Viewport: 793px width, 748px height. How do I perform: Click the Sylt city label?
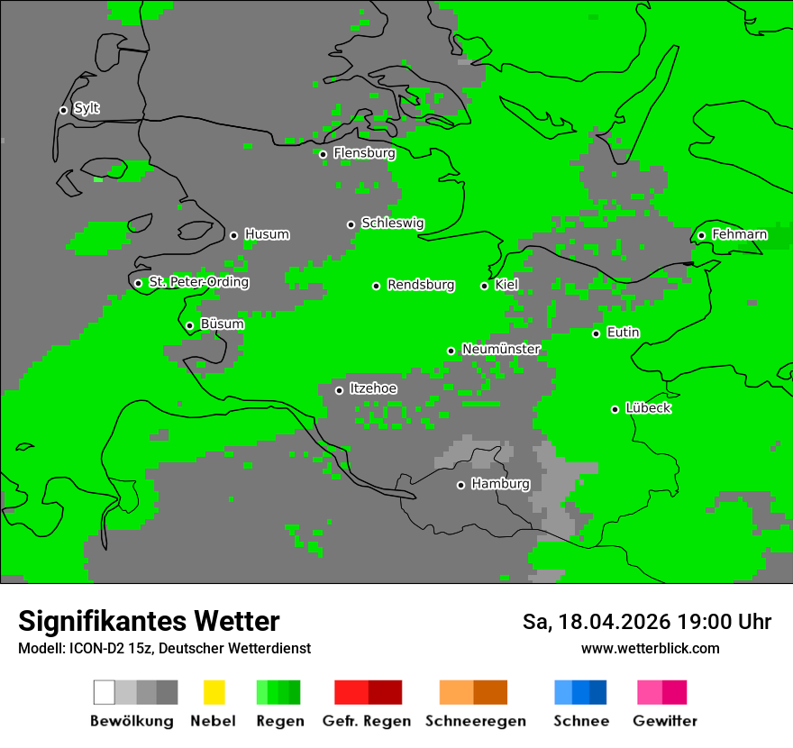[87, 108]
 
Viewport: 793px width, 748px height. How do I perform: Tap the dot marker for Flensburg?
[323, 154]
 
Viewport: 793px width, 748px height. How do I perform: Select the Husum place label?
[267, 234]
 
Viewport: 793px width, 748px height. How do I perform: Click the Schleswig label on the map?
[392, 223]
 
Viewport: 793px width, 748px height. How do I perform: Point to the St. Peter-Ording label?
[198, 282]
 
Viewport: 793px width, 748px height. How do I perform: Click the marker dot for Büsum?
[189, 325]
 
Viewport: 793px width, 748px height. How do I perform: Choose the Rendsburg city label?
[421, 285]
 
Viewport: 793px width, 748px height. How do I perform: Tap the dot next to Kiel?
[484, 286]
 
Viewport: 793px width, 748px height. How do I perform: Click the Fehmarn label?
[739, 234]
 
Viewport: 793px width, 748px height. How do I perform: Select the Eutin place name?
[623, 333]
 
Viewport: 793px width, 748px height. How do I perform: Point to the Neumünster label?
[501, 349]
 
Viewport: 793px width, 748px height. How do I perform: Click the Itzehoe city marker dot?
[339, 390]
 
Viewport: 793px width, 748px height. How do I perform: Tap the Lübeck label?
[648, 408]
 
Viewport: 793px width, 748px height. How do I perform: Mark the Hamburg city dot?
[460, 485]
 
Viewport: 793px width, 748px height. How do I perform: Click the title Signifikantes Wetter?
[149, 621]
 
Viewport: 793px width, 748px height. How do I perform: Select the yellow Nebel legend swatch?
[214, 692]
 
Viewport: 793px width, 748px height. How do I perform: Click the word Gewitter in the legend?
[664, 721]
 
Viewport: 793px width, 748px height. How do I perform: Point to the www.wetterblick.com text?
[650, 648]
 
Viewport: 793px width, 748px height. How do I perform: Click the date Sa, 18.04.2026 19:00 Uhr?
[646, 622]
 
